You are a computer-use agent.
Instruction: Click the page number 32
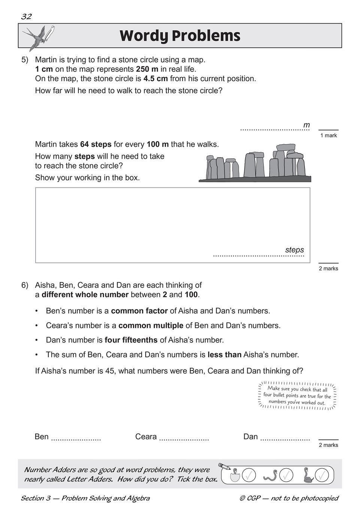pyautogui.click(x=26, y=16)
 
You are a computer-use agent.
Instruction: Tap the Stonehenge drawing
pyautogui.click(x=255, y=163)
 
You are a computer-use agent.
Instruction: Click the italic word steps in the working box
pyautogui.click(x=294, y=250)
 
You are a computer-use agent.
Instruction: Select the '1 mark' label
pyautogui.click(x=329, y=135)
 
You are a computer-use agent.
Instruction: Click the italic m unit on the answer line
pyautogui.click(x=306, y=125)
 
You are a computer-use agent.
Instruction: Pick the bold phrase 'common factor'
pyautogui.click(x=139, y=311)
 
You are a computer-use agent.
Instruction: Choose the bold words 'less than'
pyautogui.click(x=224, y=354)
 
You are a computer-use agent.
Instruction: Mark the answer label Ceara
pyautogui.click(x=146, y=437)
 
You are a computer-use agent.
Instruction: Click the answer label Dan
pyautogui.click(x=251, y=437)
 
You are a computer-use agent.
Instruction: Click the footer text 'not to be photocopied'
pyautogui.click(x=304, y=498)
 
